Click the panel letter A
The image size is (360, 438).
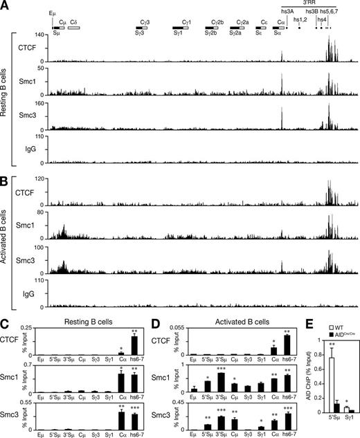(6, 5)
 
